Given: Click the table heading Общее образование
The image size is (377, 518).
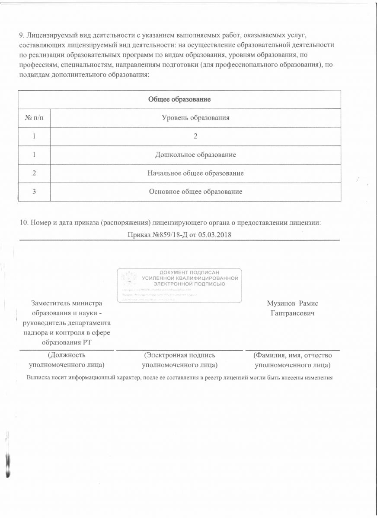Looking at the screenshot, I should (x=179, y=99).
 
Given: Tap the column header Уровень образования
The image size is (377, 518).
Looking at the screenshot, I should (x=195, y=117).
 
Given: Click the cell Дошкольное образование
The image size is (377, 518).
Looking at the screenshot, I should (x=195, y=155).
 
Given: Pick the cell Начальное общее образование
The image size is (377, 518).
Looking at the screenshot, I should (x=195, y=173).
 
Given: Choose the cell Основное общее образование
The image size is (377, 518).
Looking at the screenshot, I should (x=195, y=191).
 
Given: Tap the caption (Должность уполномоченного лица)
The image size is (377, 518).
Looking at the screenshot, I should (x=67, y=360).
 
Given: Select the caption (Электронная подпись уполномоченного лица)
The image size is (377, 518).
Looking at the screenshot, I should (x=179, y=360).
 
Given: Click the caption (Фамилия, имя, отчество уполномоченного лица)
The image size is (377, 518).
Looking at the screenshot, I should (x=293, y=360).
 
